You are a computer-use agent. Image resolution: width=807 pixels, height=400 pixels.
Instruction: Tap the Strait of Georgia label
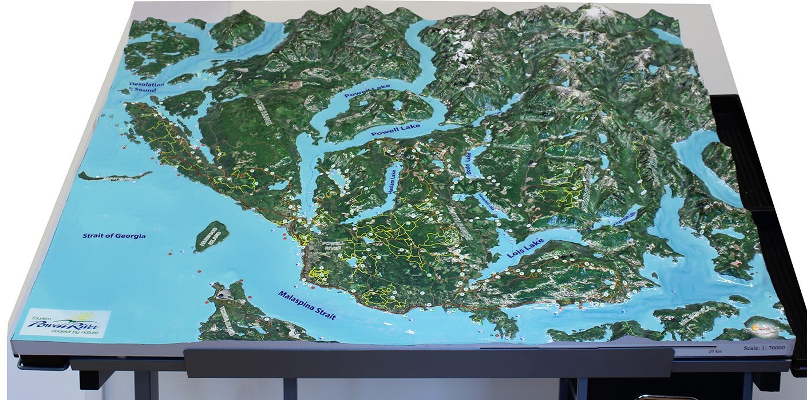coord(114,236)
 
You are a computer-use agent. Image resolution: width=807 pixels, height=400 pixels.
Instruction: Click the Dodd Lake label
coord(468,165)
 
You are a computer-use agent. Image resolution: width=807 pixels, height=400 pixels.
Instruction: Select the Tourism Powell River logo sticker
coord(65,323)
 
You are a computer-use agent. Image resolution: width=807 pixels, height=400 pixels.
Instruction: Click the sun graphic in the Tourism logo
coord(86,316)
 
